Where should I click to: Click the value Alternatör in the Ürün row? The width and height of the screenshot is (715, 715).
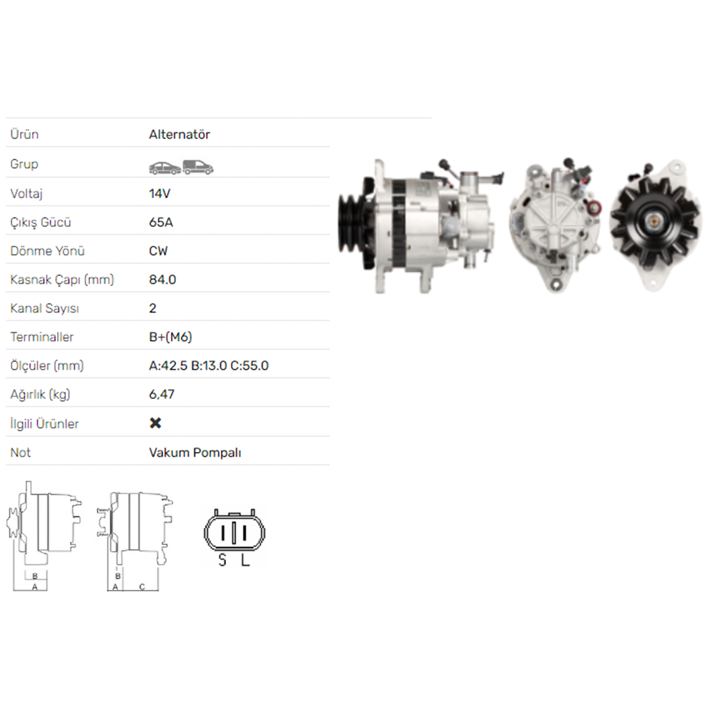pos(179,134)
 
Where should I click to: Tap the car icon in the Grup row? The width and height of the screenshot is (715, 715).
pos(164,168)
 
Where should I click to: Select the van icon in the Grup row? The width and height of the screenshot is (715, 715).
pos(198,167)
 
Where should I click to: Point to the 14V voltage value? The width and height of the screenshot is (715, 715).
pos(159,194)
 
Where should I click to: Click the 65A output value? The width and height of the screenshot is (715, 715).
pos(161,222)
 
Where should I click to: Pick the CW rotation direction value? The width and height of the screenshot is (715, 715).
pos(158,251)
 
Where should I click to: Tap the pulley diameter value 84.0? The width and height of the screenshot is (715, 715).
pos(162,280)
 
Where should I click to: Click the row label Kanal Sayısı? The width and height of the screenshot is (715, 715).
pos(44,309)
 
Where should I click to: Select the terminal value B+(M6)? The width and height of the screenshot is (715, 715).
pos(171,337)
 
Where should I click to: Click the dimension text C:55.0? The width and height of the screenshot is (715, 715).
pos(250,365)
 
